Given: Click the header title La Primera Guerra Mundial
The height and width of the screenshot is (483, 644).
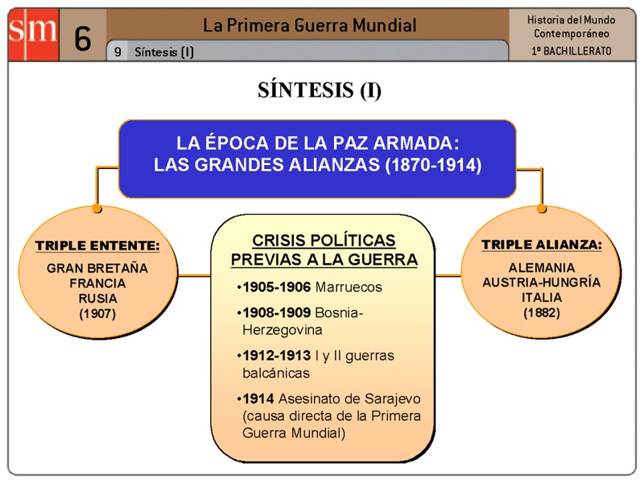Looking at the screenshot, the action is (309, 25).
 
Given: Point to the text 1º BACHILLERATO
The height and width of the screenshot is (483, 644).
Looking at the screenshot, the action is (572, 51).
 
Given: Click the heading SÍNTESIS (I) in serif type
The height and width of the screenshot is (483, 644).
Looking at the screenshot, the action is (320, 89).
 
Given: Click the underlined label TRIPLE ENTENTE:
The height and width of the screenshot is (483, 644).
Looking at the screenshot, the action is (97, 245).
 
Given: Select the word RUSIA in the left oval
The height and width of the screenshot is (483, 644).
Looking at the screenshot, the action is (97, 298).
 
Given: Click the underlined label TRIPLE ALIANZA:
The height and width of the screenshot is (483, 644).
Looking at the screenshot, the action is (541, 244).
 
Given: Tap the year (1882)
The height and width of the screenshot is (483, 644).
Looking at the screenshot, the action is (541, 312).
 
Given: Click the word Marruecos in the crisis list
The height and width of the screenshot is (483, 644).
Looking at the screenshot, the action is (349, 287).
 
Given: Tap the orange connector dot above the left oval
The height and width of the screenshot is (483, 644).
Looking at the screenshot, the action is (97, 208).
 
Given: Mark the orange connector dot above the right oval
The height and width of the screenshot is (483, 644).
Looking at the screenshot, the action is (542, 208).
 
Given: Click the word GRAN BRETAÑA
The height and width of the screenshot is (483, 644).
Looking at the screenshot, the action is (97, 268).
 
